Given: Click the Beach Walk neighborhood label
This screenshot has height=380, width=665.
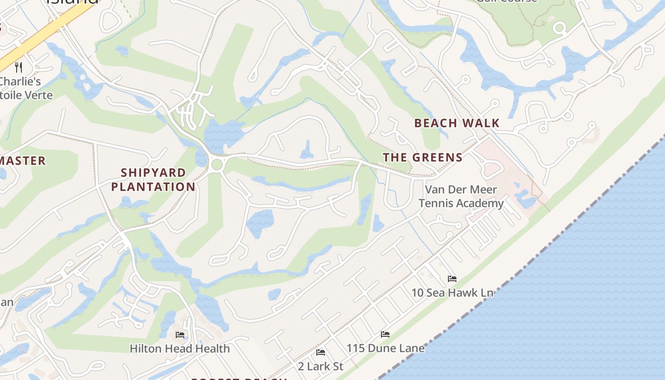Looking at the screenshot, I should click(x=456, y=123).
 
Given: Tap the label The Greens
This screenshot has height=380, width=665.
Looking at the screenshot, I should click(x=422, y=157).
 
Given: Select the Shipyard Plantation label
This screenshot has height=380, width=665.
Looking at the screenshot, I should click(x=153, y=180).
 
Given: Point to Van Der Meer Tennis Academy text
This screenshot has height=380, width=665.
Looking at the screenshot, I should click(x=461, y=197).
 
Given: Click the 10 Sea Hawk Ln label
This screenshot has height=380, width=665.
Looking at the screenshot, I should click(x=452, y=293).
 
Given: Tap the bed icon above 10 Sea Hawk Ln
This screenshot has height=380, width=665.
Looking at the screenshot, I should click(x=452, y=279).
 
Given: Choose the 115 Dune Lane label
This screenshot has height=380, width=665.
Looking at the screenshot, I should click(x=385, y=348).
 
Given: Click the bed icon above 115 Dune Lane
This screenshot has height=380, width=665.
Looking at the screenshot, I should click(x=385, y=334).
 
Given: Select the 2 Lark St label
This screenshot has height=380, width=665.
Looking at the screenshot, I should click(x=320, y=366).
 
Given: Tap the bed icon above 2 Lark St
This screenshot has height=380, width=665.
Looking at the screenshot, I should click(x=321, y=352).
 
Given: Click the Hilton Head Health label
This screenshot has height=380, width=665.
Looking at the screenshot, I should click(x=180, y=348).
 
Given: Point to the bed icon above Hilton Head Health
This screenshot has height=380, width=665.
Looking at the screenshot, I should click(x=180, y=335).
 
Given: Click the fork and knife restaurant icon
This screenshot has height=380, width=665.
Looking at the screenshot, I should click(x=19, y=67).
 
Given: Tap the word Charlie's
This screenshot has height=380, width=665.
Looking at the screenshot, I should click(x=20, y=81).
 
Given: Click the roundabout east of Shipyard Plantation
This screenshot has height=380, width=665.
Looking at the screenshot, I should click(x=217, y=165).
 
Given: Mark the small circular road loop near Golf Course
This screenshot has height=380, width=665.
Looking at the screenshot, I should click(x=560, y=28).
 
